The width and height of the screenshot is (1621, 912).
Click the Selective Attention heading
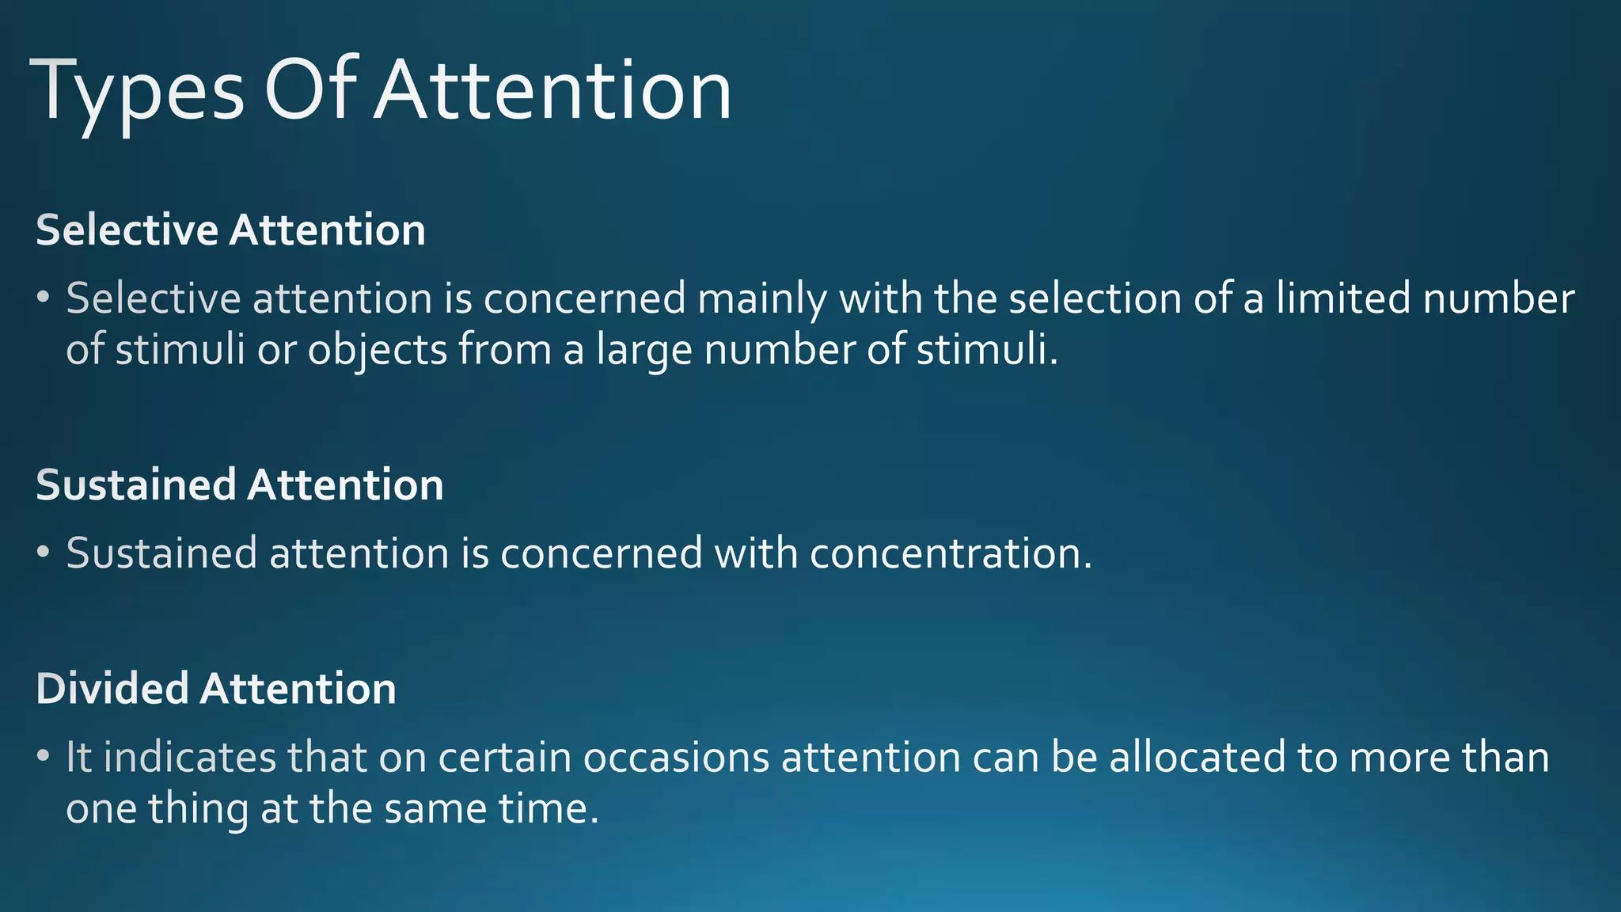(x=230, y=230)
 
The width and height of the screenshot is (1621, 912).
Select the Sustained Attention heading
(x=240, y=484)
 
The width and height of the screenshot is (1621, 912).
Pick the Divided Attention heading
(x=216, y=688)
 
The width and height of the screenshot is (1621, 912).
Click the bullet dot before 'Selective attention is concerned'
(x=44, y=298)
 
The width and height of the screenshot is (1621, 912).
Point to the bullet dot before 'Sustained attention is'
(x=44, y=552)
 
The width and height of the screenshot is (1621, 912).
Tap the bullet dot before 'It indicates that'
(x=44, y=756)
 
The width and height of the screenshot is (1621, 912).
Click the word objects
(x=378, y=350)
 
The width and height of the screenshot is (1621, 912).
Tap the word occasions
(x=677, y=757)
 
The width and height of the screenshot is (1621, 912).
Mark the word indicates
(x=190, y=757)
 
